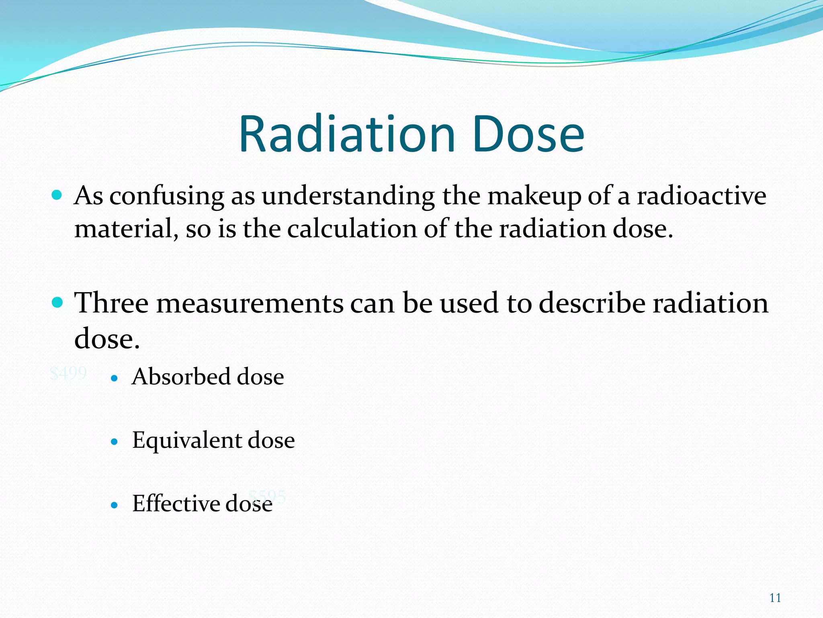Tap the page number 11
[775, 598]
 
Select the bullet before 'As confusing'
[57, 196]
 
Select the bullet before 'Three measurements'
[57, 302]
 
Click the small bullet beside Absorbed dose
[115, 378]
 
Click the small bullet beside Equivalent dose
[115, 442]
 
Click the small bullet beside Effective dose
[115, 505]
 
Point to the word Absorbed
[181, 377]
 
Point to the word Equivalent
[186, 440]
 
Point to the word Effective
[176, 503]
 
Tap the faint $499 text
[68, 373]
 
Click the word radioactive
[701, 196]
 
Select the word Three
[111, 303]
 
